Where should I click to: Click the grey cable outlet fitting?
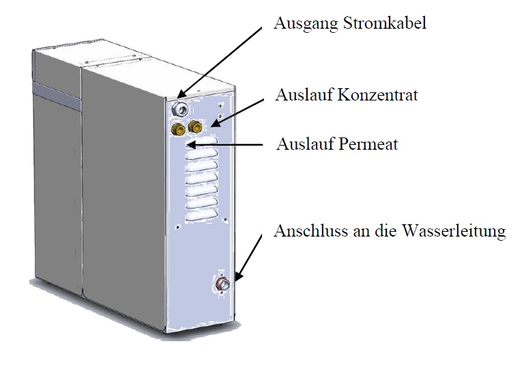coord(180,108)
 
